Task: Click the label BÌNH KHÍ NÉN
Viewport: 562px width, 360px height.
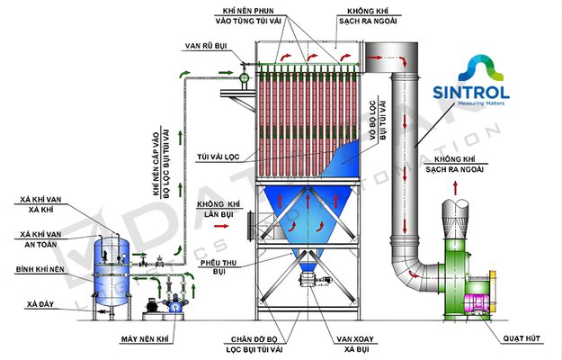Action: tap(39, 269)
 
